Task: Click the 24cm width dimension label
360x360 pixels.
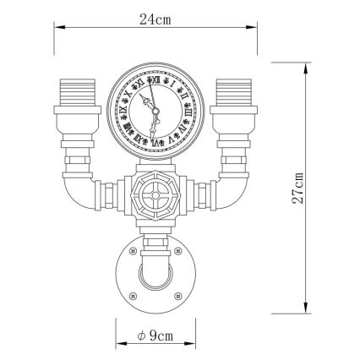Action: click(x=153, y=19)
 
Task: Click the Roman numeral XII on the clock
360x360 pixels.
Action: click(x=154, y=80)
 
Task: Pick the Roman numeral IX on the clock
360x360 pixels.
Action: click(x=123, y=110)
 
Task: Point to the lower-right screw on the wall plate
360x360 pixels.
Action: click(x=176, y=295)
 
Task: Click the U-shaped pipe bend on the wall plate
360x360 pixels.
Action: click(x=154, y=275)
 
